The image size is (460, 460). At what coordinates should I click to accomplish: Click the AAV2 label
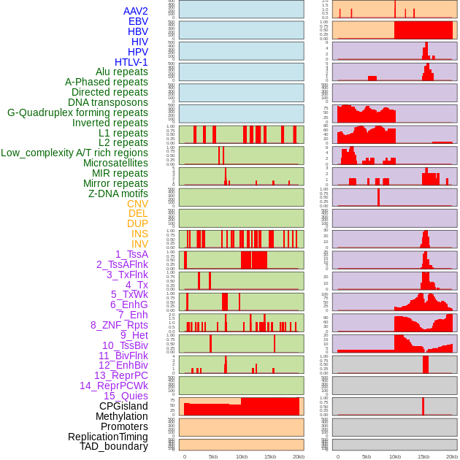pyautogui.click(x=135, y=11)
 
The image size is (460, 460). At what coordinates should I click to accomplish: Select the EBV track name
pyautogui.click(x=137, y=21)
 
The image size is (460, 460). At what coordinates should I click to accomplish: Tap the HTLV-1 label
pyautogui.click(x=131, y=62)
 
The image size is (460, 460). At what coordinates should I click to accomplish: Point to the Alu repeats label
pyautogui.click(x=121, y=72)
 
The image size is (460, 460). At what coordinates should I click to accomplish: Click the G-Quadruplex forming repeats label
pyautogui.click(x=77, y=112)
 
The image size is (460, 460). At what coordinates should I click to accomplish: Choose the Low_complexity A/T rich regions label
pyautogui.click(x=74, y=153)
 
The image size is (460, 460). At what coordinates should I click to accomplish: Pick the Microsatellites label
pyautogui.click(x=115, y=163)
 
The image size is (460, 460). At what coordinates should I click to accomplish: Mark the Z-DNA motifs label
pyautogui.click(x=118, y=193)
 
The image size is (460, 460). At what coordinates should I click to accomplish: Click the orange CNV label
pyautogui.click(x=137, y=204)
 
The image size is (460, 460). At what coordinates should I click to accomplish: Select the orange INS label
pyautogui.click(x=139, y=234)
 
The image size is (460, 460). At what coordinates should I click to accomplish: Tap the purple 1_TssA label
pyautogui.click(x=131, y=253)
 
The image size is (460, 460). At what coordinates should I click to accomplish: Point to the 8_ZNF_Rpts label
pyautogui.click(x=119, y=325)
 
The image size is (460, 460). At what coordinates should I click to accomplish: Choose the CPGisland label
pyautogui.click(x=123, y=406)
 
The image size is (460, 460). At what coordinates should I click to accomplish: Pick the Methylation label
pyautogui.click(x=121, y=416)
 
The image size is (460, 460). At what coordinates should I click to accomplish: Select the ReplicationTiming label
pyautogui.click(x=107, y=437)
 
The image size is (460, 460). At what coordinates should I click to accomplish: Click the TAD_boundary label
pyautogui.click(x=113, y=446)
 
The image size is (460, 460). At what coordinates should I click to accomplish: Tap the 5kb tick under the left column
pyautogui.click(x=213, y=456)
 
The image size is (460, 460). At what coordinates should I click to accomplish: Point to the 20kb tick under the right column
pyautogui.click(x=452, y=456)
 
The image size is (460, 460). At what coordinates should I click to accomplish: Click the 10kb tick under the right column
pyautogui.click(x=395, y=456)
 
